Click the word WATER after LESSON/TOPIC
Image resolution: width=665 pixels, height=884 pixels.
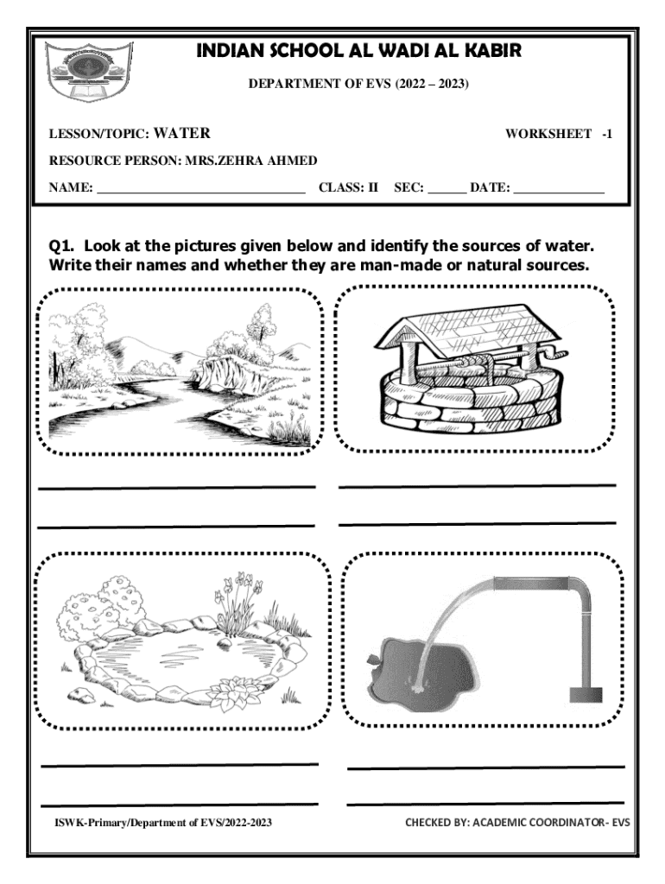pos(182,133)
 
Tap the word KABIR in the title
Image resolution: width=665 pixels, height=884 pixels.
pos(492,51)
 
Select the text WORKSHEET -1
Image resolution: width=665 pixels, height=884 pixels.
pos(559,134)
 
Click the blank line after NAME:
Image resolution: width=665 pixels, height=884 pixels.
pos(201,193)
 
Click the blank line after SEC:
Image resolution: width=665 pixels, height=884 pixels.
pos(446,193)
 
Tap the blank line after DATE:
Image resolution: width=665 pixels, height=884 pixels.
pos(559,193)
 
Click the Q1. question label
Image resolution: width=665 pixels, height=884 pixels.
pos(62,246)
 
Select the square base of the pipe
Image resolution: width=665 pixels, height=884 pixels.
pos(586,695)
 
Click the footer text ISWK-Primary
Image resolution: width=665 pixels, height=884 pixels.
pos(89,823)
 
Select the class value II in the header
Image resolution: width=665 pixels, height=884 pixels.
pos(373,187)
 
